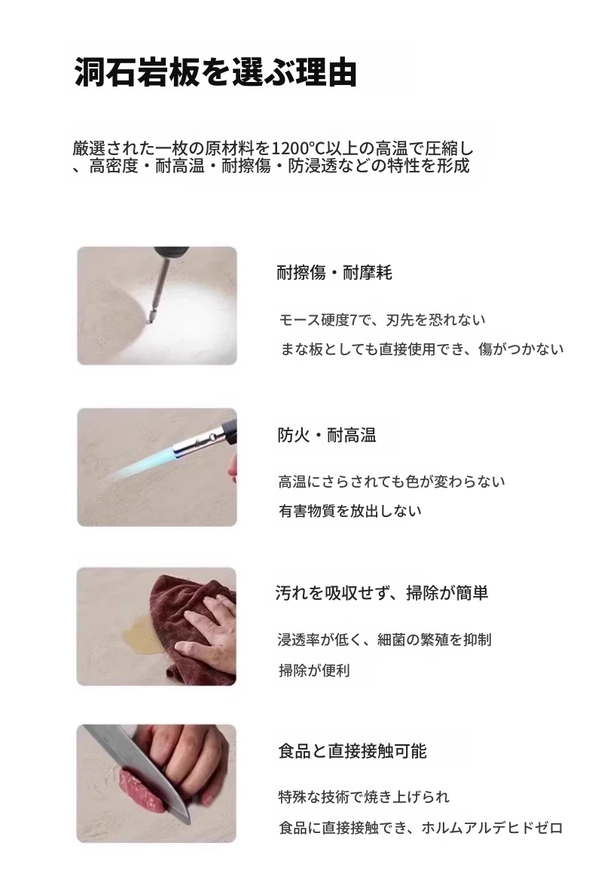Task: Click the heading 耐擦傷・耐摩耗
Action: (334, 273)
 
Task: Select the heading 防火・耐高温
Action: (326, 435)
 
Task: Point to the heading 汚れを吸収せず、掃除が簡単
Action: (382, 592)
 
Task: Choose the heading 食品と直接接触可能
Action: (352, 751)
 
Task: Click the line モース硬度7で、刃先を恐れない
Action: (382, 320)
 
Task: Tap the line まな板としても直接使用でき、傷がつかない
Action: (422, 349)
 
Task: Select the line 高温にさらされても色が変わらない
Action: (392, 482)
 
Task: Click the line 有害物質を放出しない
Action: (350, 511)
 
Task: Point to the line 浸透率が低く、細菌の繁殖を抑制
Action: (384, 640)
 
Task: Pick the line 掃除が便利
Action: (314, 670)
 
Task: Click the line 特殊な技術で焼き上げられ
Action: (365, 796)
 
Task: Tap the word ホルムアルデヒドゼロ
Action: (492, 827)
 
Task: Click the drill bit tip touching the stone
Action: (148, 321)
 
